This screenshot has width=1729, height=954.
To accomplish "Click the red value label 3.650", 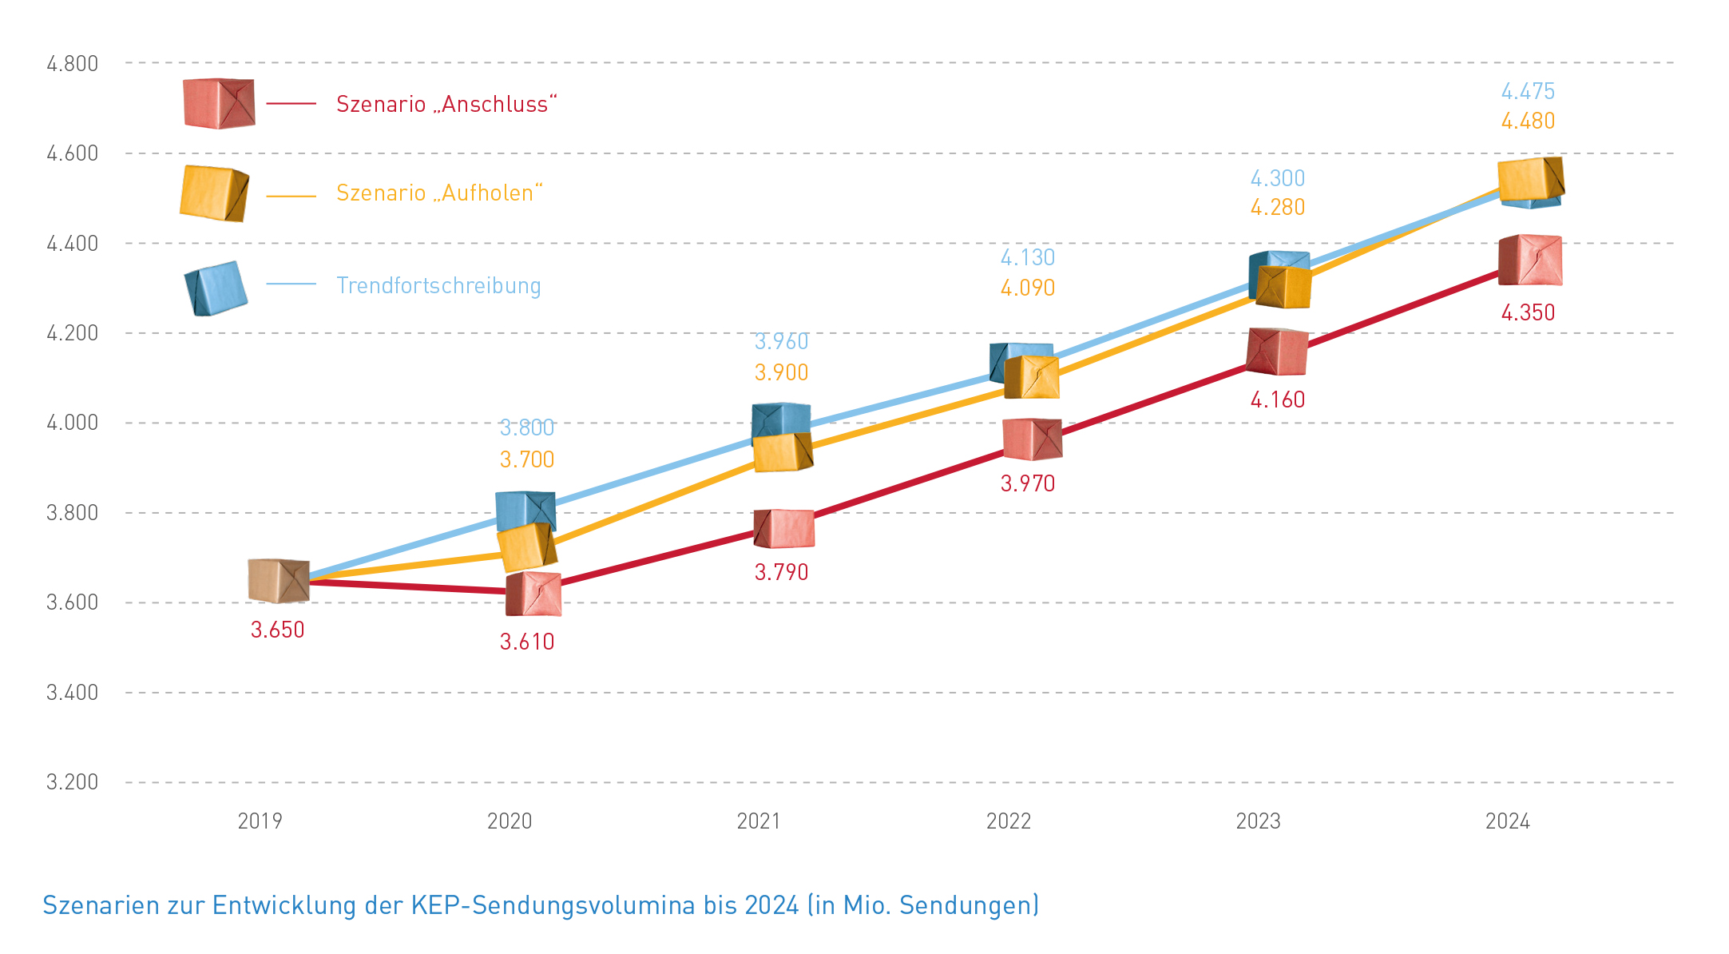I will pyautogui.click(x=277, y=630).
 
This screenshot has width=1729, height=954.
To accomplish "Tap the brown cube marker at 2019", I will pyautogui.click(x=278, y=581).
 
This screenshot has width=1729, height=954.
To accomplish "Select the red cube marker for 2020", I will pyautogui.click(x=533, y=594).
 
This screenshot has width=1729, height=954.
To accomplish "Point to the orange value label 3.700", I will pyautogui.click(x=526, y=459).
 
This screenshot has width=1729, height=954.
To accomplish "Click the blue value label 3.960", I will pyautogui.click(x=781, y=341).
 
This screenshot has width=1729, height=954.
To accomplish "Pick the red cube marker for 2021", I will pyautogui.click(x=784, y=529).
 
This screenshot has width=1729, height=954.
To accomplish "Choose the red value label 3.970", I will pyautogui.click(x=1027, y=483).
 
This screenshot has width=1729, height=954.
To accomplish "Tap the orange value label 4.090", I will pyautogui.click(x=1027, y=288).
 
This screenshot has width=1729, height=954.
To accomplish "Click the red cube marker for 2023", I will pyautogui.click(x=1277, y=352).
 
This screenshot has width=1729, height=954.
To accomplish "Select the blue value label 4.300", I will pyautogui.click(x=1277, y=178).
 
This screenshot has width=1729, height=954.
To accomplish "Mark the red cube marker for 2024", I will pyautogui.click(x=1530, y=260).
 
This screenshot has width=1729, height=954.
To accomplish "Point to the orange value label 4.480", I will pyautogui.click(x=1527, y=121).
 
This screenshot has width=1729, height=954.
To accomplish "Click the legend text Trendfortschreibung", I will pyautogui.click(x=438, y=285).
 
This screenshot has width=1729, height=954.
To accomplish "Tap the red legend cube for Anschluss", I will pyautogui.click(x=219, y=103).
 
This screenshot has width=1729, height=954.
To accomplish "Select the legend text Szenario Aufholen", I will pyautogui.click(x=438, y=193).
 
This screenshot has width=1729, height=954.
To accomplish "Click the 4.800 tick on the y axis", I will pyautogui.click(x=72, y=64).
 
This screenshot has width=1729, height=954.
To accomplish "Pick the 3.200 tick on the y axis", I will pyautogui.click(x=72, y=781).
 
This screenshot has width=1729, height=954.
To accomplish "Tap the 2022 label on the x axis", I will pyautogui.click(x=1008, y=821).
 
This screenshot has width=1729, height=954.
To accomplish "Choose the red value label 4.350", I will pyautogui.click(x=1527, y=312).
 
